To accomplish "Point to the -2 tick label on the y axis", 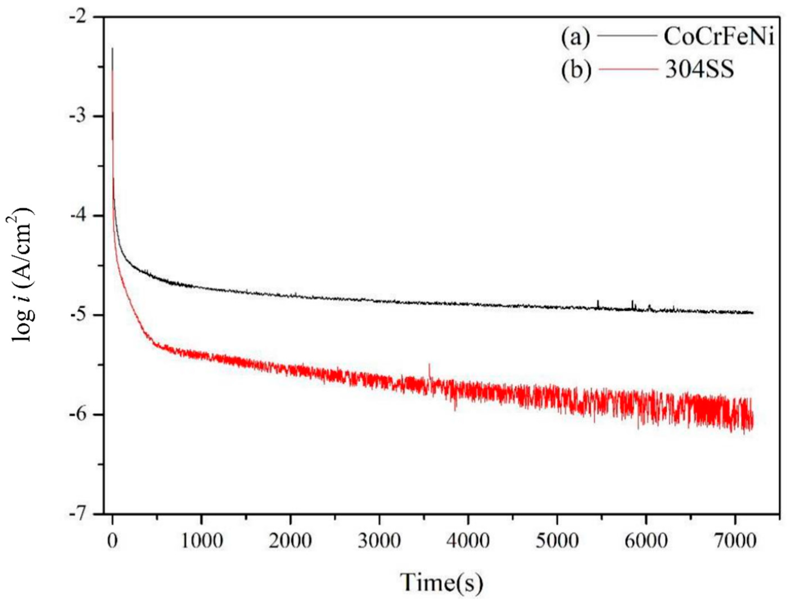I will pyautogui.click(x=82, y=17).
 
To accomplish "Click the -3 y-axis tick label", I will pyautogui.click(x=82, y=116).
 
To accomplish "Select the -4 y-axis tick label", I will pyautogui.click(x=82, y=216).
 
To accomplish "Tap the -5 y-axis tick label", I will pyautogui.click(x=82, y=315).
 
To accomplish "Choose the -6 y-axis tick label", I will pyautogui.click(x=82, y=415).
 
